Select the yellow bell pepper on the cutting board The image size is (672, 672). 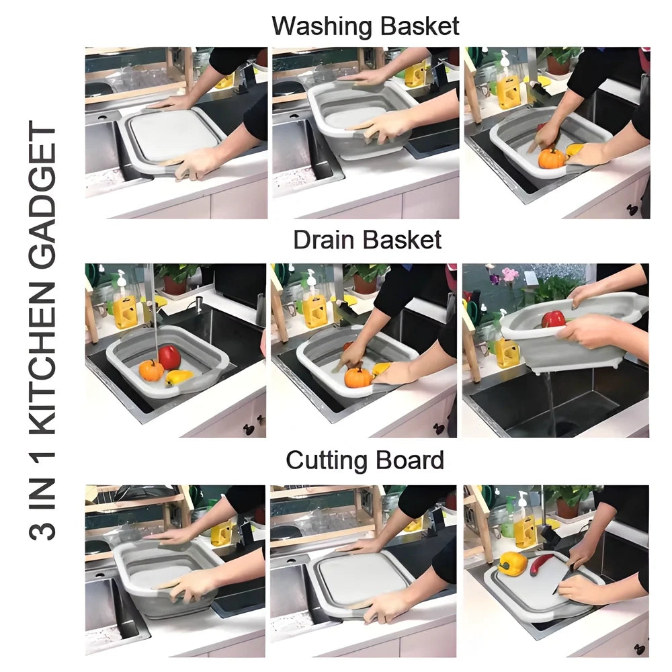[x=513, y=563]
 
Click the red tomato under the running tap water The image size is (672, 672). [x=169, y=358]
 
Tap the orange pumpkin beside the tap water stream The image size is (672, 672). [x=151, y=370]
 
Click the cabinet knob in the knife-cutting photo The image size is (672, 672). [x=633, y=649]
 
